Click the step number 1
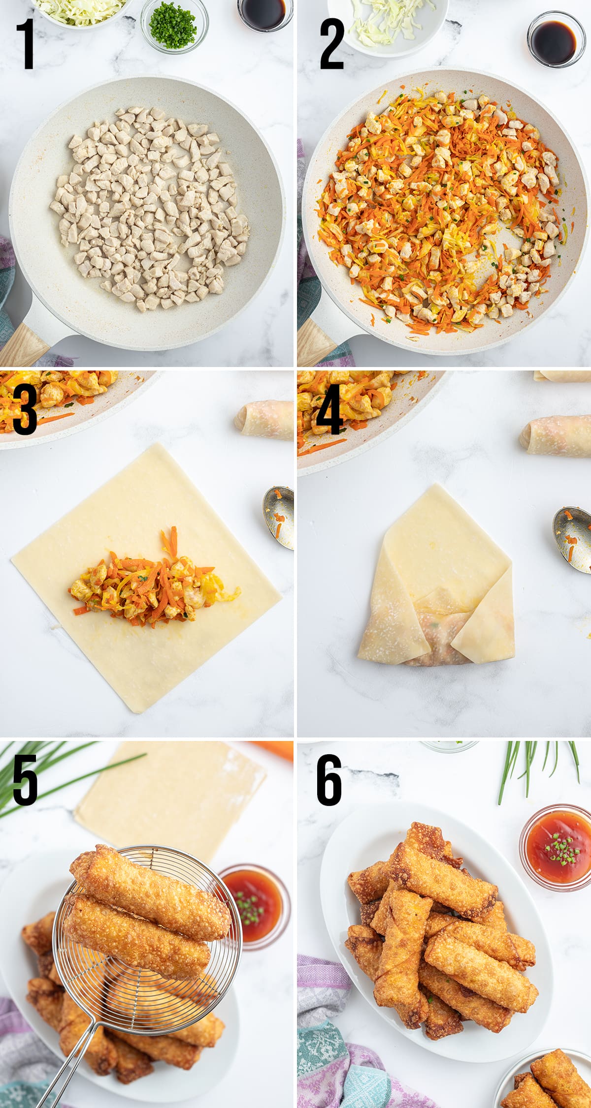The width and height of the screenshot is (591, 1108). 26,44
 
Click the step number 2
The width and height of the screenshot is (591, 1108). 331,45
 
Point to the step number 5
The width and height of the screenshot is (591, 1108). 25,781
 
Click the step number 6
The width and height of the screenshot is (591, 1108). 329,781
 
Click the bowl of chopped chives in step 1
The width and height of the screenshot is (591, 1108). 174,25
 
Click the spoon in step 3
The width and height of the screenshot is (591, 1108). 279,517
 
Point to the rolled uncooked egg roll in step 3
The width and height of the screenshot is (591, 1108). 266,420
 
